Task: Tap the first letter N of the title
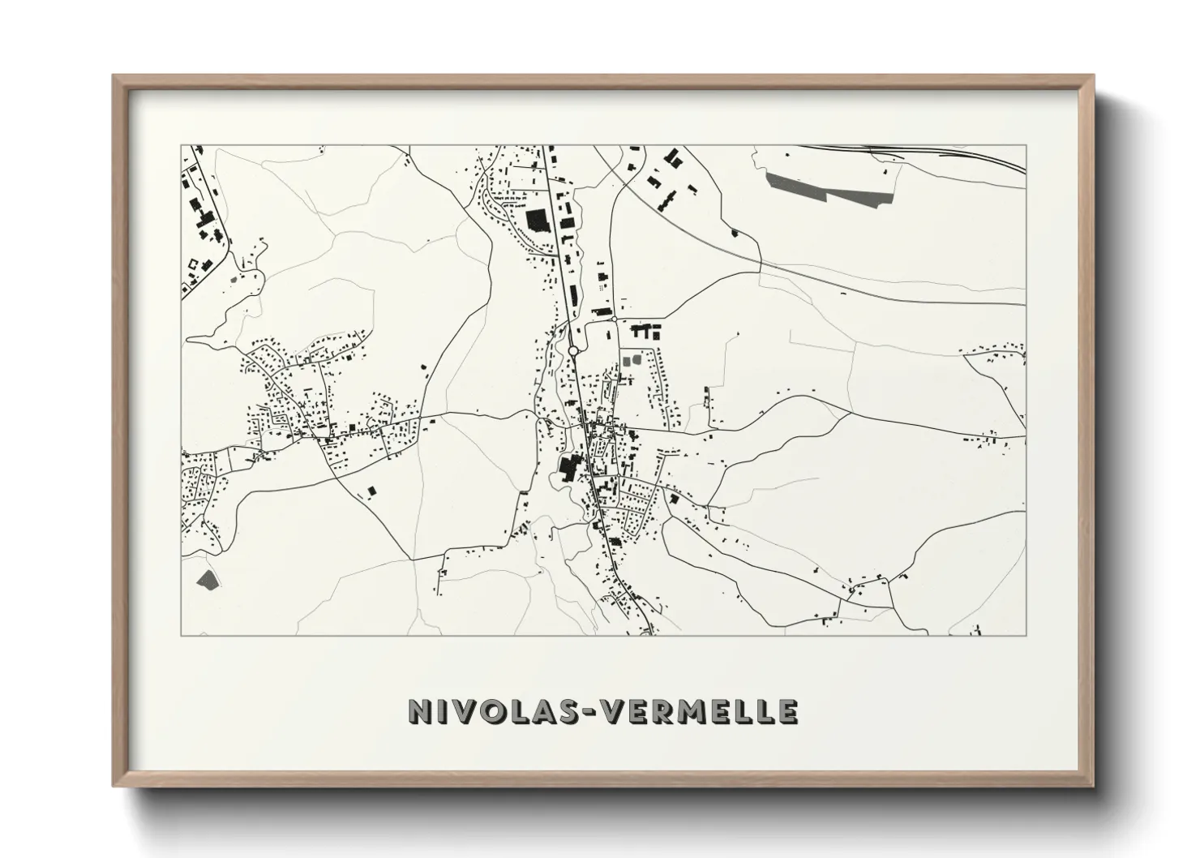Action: point(419,710)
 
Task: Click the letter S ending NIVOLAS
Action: point(559,710)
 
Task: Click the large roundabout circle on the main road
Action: point(573,351)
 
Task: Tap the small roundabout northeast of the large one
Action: point(615,320)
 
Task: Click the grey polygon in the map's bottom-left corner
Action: point(208,578)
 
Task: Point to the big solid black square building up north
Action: point(537,221)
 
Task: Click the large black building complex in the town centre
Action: point(568,469)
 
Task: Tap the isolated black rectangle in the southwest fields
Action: point(372,491)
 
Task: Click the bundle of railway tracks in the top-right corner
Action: point(957,154)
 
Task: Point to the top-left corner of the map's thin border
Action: point(182,146)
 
